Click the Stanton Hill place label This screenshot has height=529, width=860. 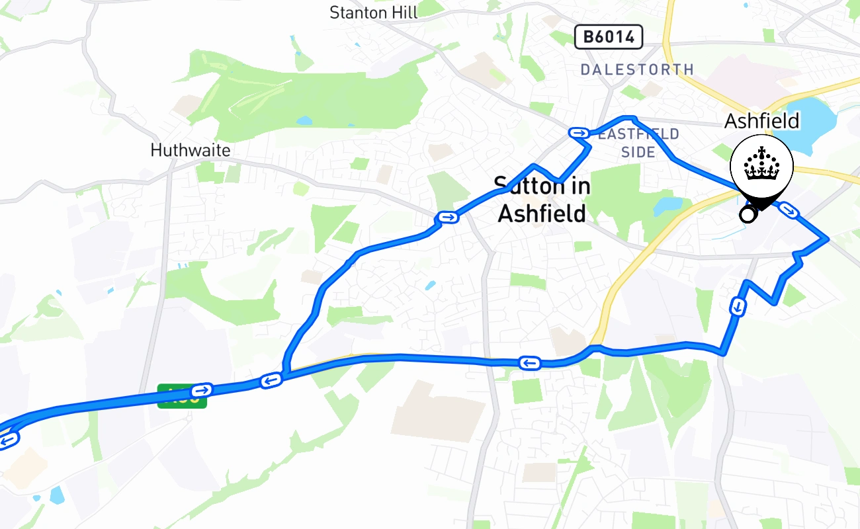373,12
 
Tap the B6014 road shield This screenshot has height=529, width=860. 609,37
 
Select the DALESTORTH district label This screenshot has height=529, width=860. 637,69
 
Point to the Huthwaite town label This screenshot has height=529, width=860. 191,150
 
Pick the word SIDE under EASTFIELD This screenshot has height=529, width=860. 638,152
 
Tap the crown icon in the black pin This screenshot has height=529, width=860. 761,165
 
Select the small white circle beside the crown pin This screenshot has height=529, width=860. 748,214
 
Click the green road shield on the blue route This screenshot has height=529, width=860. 182,396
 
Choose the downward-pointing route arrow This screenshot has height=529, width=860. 737,307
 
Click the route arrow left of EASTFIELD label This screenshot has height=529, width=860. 579,133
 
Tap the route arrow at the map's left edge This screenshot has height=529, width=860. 8,438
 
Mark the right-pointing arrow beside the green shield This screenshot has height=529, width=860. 202,389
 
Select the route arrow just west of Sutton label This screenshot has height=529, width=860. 447,217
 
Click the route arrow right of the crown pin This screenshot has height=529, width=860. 788,210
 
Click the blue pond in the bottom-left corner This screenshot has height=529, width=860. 58,494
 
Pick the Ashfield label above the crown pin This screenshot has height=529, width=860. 761,121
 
